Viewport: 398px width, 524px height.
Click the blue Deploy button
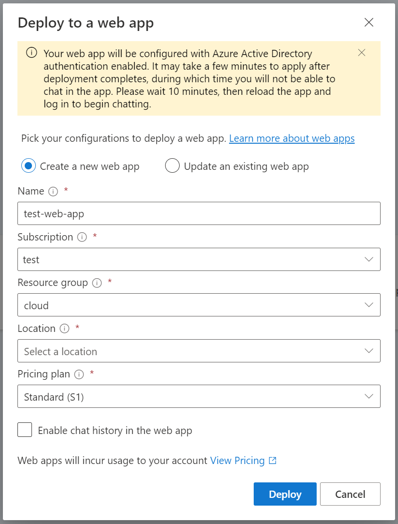pyautogui.click(x=285, y=494)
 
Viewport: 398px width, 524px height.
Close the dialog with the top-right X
pyautogui.click(x=369, y=22)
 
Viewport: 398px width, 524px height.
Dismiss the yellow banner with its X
pyautogui.click(x=361, y=53)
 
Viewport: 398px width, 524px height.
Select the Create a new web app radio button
pyautogui.click(x=28, y=166)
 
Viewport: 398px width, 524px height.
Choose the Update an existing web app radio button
pyautogui.click(x=172, y=166)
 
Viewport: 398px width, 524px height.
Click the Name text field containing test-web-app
pyautogui.click(x=199, y=213)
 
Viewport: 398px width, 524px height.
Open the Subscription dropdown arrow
pyautogui.click(x=369, y=259)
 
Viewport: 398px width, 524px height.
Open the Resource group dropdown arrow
pyautogui.click(x=369, y=305)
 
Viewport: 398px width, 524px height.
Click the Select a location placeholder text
pyautogui.click(x=61, y=352)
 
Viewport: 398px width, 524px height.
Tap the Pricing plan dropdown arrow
pyautogui.click(x=369, y=396)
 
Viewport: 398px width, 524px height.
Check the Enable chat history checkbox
pyautogui.click(x=25, y=430)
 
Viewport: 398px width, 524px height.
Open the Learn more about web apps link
pyautogui.click(x=291, y=139)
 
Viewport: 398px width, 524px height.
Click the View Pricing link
pyautogui.click(x=237, y=461)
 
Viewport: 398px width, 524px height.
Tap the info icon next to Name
pyautogui.click(x=53, y=192)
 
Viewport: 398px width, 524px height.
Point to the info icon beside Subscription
pyautogui.click(x=82, y=238)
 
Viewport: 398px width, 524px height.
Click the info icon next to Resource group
pyautogui.click(x=97, y=283)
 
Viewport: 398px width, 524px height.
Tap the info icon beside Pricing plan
pyautogui.click(x=79, y=374)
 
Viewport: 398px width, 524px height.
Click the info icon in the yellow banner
pyautogui.click(x=31, y=53)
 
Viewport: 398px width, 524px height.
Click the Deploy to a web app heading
pyautogui.click(x=86, y=23)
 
